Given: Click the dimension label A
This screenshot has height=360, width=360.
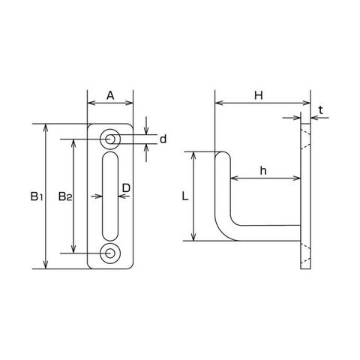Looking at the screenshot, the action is click(x=110, y=95).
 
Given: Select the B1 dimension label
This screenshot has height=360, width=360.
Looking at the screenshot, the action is click(x=37, y=196).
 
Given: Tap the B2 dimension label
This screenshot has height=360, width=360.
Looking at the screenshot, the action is click(x=65, y=196).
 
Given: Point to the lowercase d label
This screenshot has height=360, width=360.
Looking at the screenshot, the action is click(x=163, y=139).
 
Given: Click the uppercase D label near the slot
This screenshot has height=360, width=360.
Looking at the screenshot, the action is click(x=126, y=188).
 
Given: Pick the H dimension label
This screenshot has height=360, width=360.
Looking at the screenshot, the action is click(x=259, y=95).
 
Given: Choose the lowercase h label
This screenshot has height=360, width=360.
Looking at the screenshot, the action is click(x=263, y=171).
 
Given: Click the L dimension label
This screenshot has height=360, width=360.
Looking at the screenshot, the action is click(x=184, y=196).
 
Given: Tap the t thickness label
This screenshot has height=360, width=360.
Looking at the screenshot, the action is click(x=321, y=110).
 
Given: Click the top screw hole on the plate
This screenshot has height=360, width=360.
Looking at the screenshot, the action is click(x=110, y=139).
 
